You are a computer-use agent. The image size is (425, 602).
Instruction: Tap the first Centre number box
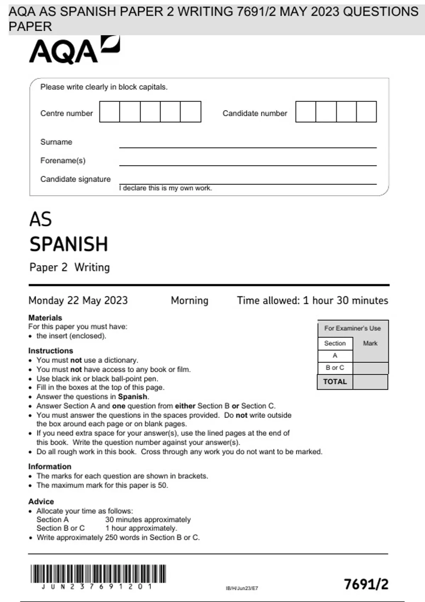click(x=109, y=112)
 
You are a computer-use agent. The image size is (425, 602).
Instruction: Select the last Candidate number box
click(x=366, y=112)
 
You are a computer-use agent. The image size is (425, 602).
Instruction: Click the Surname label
click(x=56, y=142)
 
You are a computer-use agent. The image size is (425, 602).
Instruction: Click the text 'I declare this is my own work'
click(x=165, y=188)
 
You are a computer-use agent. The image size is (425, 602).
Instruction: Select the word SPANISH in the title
click(x=69, y=244)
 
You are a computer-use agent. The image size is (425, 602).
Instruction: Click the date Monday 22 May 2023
click(x=78, y=300)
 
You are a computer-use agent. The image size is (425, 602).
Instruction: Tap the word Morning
click(x=189, y=300)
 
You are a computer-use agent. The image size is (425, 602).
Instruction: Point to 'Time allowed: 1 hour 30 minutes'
click(x=312, y=300)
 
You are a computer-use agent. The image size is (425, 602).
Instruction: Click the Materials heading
click(x=45, y=318)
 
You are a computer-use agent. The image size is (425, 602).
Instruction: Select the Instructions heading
click(x=51, y=351)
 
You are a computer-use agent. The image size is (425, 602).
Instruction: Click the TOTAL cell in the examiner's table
click(x=335, y=382)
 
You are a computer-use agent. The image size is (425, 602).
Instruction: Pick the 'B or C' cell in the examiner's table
click(x=335, y=368)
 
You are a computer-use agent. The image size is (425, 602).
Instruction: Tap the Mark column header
click(x=370, y=343)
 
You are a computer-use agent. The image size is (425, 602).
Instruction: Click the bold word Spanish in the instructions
click(x=132, y=397)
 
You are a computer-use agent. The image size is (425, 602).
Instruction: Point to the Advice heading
click(x=41, y=501)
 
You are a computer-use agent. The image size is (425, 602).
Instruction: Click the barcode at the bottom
click(x=98, y=574)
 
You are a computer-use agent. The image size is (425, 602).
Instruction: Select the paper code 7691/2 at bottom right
click(x=366, y=584)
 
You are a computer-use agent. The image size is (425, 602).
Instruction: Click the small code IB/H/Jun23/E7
click(x=242, y=588)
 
